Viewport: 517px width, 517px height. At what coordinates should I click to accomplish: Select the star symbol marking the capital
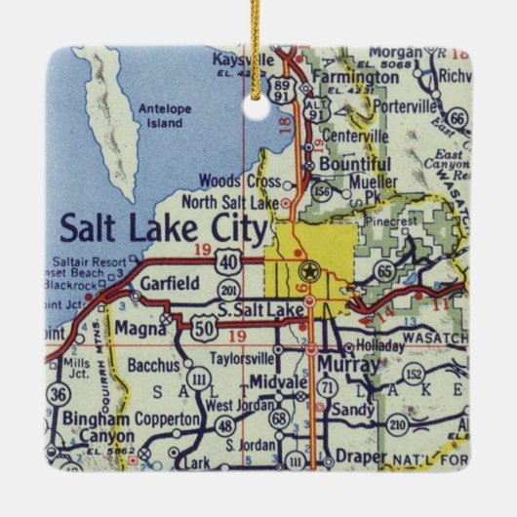pyautogui.click(x=310, y=270)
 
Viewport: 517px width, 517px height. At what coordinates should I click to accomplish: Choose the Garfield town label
pyautogui.click(x=170, y=284)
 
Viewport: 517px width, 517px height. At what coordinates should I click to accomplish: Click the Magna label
pyautogui.click(x=138, y=330)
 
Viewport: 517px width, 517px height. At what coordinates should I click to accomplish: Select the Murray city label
pyautogui.click(x=348, y=365)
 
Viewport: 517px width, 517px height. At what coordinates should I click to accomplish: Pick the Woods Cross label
pyautogui.click(x=233, y=180)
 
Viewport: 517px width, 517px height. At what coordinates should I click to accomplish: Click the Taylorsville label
pyautogui.click(x=236, y=358)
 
